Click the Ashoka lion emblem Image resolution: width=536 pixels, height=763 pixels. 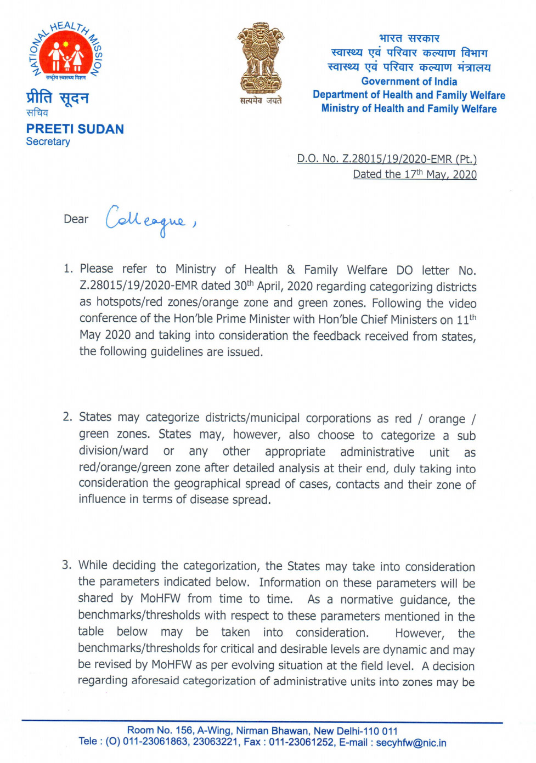coord(261,58)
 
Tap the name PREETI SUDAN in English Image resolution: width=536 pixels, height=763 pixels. coord(75,129)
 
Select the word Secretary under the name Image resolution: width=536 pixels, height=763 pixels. coord(48,142)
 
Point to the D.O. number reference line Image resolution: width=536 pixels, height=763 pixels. coord(387,159)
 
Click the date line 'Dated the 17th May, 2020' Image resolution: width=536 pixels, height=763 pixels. coord(415,174)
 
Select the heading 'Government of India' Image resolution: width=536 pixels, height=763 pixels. coord(409,81)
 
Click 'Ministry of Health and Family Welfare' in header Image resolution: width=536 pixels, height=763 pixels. coord(409,109)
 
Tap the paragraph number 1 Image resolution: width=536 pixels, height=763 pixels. coord(67,269)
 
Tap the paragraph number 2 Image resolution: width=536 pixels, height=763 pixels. coord(67,417)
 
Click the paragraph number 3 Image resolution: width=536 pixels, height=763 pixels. coord(66,565)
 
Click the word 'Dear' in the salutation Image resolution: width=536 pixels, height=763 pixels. coord(76,219)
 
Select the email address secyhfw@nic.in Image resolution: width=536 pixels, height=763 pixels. coord(411,743)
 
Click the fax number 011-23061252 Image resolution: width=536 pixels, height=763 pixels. coord(301,743)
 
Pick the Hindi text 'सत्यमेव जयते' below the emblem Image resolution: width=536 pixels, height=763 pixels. coord(261,100)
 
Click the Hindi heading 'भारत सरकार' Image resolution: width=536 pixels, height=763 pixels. coord(409,38)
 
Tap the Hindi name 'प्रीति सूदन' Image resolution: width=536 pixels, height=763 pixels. coord(58,99)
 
